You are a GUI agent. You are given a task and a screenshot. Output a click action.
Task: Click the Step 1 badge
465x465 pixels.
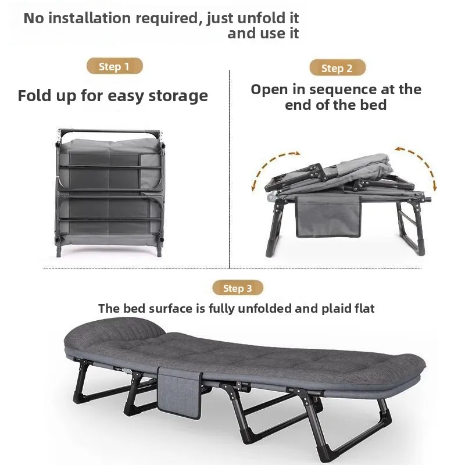[115, 66]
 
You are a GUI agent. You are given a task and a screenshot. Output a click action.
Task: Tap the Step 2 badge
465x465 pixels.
[337, 68]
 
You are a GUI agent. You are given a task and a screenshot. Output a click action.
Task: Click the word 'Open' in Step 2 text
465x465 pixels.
[270, 90]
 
